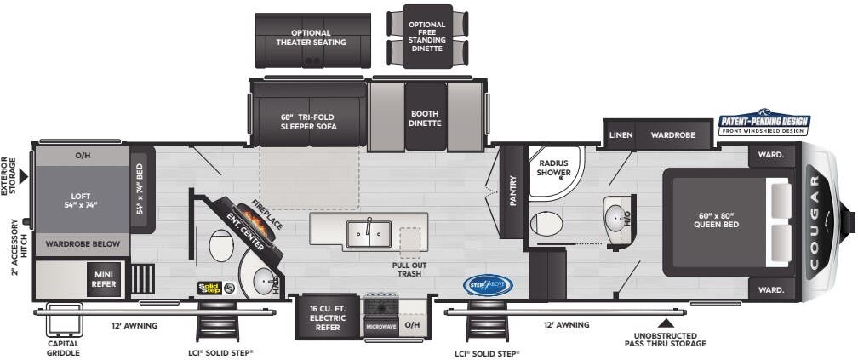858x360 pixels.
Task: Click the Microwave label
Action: pyautogui.click(x=380, y=326)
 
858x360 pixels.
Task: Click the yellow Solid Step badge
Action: pyautogui.click(x=209, y=289)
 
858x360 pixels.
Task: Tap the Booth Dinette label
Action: pyautogui.click(x=425, y=118)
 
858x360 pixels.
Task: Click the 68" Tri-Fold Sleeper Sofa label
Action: pyautogui.click(x=309, y=121)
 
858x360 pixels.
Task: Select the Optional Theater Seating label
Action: pyautogui.click(x=311, y=38)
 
